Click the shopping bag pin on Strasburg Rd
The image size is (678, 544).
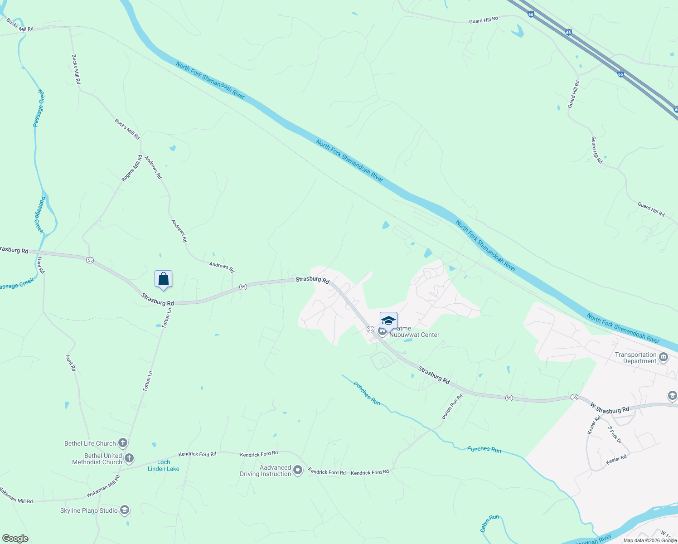point(163,279)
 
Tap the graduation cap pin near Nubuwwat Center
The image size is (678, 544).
point(388,321)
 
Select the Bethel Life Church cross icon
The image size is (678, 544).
point(122,443)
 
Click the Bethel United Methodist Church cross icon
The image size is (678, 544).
point(129,458)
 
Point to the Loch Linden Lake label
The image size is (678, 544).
point(164,466)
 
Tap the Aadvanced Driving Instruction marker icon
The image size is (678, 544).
point(298,470)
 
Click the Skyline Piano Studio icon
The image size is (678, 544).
point(125,510)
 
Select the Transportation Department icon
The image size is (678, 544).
point(663,358)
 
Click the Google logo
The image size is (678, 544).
point(15,539)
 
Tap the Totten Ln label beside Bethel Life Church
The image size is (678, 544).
point(148,381)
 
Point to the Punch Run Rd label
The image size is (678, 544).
point(452,407)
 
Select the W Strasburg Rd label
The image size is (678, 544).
point(610,408)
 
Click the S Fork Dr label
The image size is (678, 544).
point(615,434)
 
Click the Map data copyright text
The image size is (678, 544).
point(649,540)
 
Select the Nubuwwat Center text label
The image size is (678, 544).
point(414,335)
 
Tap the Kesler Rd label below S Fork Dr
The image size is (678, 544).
point(616,460)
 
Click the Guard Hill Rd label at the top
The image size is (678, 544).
point(483,20)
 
